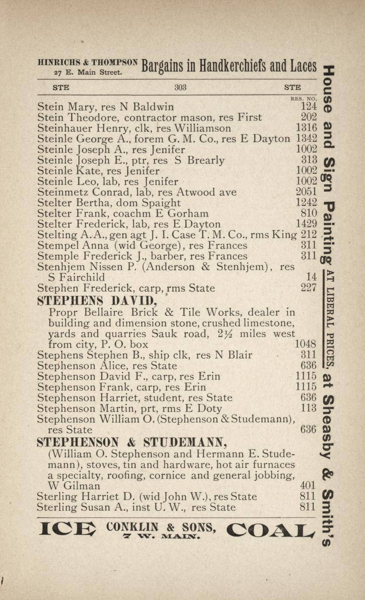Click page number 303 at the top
180,87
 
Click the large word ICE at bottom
67,529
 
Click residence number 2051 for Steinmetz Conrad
306,192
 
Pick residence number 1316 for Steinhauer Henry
306,128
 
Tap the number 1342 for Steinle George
306,139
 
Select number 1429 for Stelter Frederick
306,224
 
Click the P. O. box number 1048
305,344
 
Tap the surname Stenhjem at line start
59,267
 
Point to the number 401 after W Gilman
308,485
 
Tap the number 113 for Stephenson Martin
308,408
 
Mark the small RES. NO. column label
303,99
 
